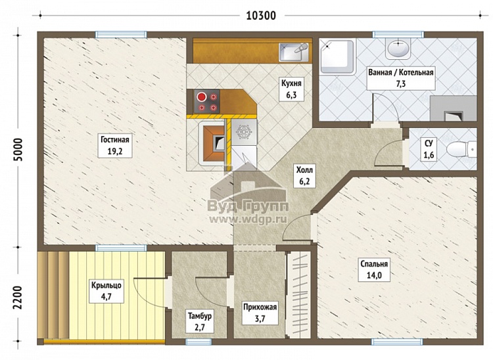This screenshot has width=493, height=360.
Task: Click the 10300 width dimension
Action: [x=261, y=15]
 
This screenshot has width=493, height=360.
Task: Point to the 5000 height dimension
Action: [x=18, y=150]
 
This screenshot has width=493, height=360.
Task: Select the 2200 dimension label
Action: [x=18, y=298]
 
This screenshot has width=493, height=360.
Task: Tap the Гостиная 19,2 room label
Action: [x=115, y=145]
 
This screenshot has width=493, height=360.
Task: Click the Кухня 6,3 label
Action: [x=291, y=89]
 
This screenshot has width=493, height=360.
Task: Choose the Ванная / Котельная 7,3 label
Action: [x=401, y=78]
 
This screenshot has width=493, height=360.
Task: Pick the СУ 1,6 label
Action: [x=429, y=149]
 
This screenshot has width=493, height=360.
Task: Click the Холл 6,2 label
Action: [x=304, y=176]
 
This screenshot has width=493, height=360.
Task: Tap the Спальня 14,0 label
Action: [x=374, y=270]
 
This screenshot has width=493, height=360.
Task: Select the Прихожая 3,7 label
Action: [x=260, y=313]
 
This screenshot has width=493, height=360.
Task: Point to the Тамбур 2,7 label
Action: [x=200, y=321]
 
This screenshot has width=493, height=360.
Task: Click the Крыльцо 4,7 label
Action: [x=106, y=291]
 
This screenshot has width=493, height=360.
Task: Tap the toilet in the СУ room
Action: [x=461, y=149]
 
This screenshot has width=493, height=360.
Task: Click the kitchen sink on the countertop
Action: [x=294, y=52]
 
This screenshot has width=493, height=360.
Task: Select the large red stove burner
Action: [x=201, y=97]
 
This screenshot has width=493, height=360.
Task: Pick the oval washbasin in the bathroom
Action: [x=398, y=49]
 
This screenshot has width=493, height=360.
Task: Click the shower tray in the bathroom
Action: [x=337, y=56]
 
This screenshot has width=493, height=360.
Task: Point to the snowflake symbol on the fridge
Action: [x=244, y=132]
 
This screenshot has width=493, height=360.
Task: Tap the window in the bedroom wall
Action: [x=397, y=342]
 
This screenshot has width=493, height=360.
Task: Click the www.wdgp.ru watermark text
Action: [x=247, y=219]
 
